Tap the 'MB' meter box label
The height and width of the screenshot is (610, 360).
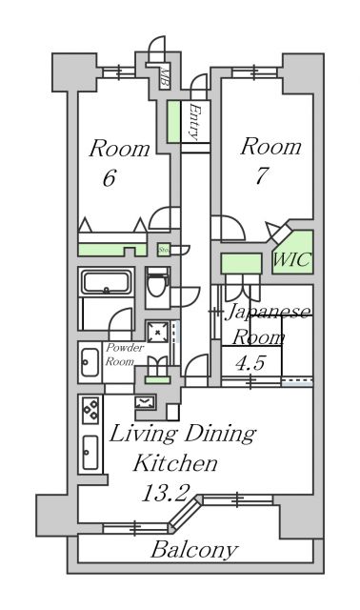[163, 76]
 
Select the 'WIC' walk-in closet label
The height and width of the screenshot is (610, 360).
[292, 259]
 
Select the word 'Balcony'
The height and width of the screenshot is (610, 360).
[193, 550]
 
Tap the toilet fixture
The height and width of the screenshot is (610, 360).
[158, 285]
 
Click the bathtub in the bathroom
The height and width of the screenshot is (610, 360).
[109, 283]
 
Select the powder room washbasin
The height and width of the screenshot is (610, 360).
[90, 360]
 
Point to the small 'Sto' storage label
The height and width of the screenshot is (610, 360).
[164, 250]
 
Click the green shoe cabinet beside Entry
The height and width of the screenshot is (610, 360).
[174, 121]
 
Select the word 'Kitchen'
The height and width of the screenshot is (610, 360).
[175, 464]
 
